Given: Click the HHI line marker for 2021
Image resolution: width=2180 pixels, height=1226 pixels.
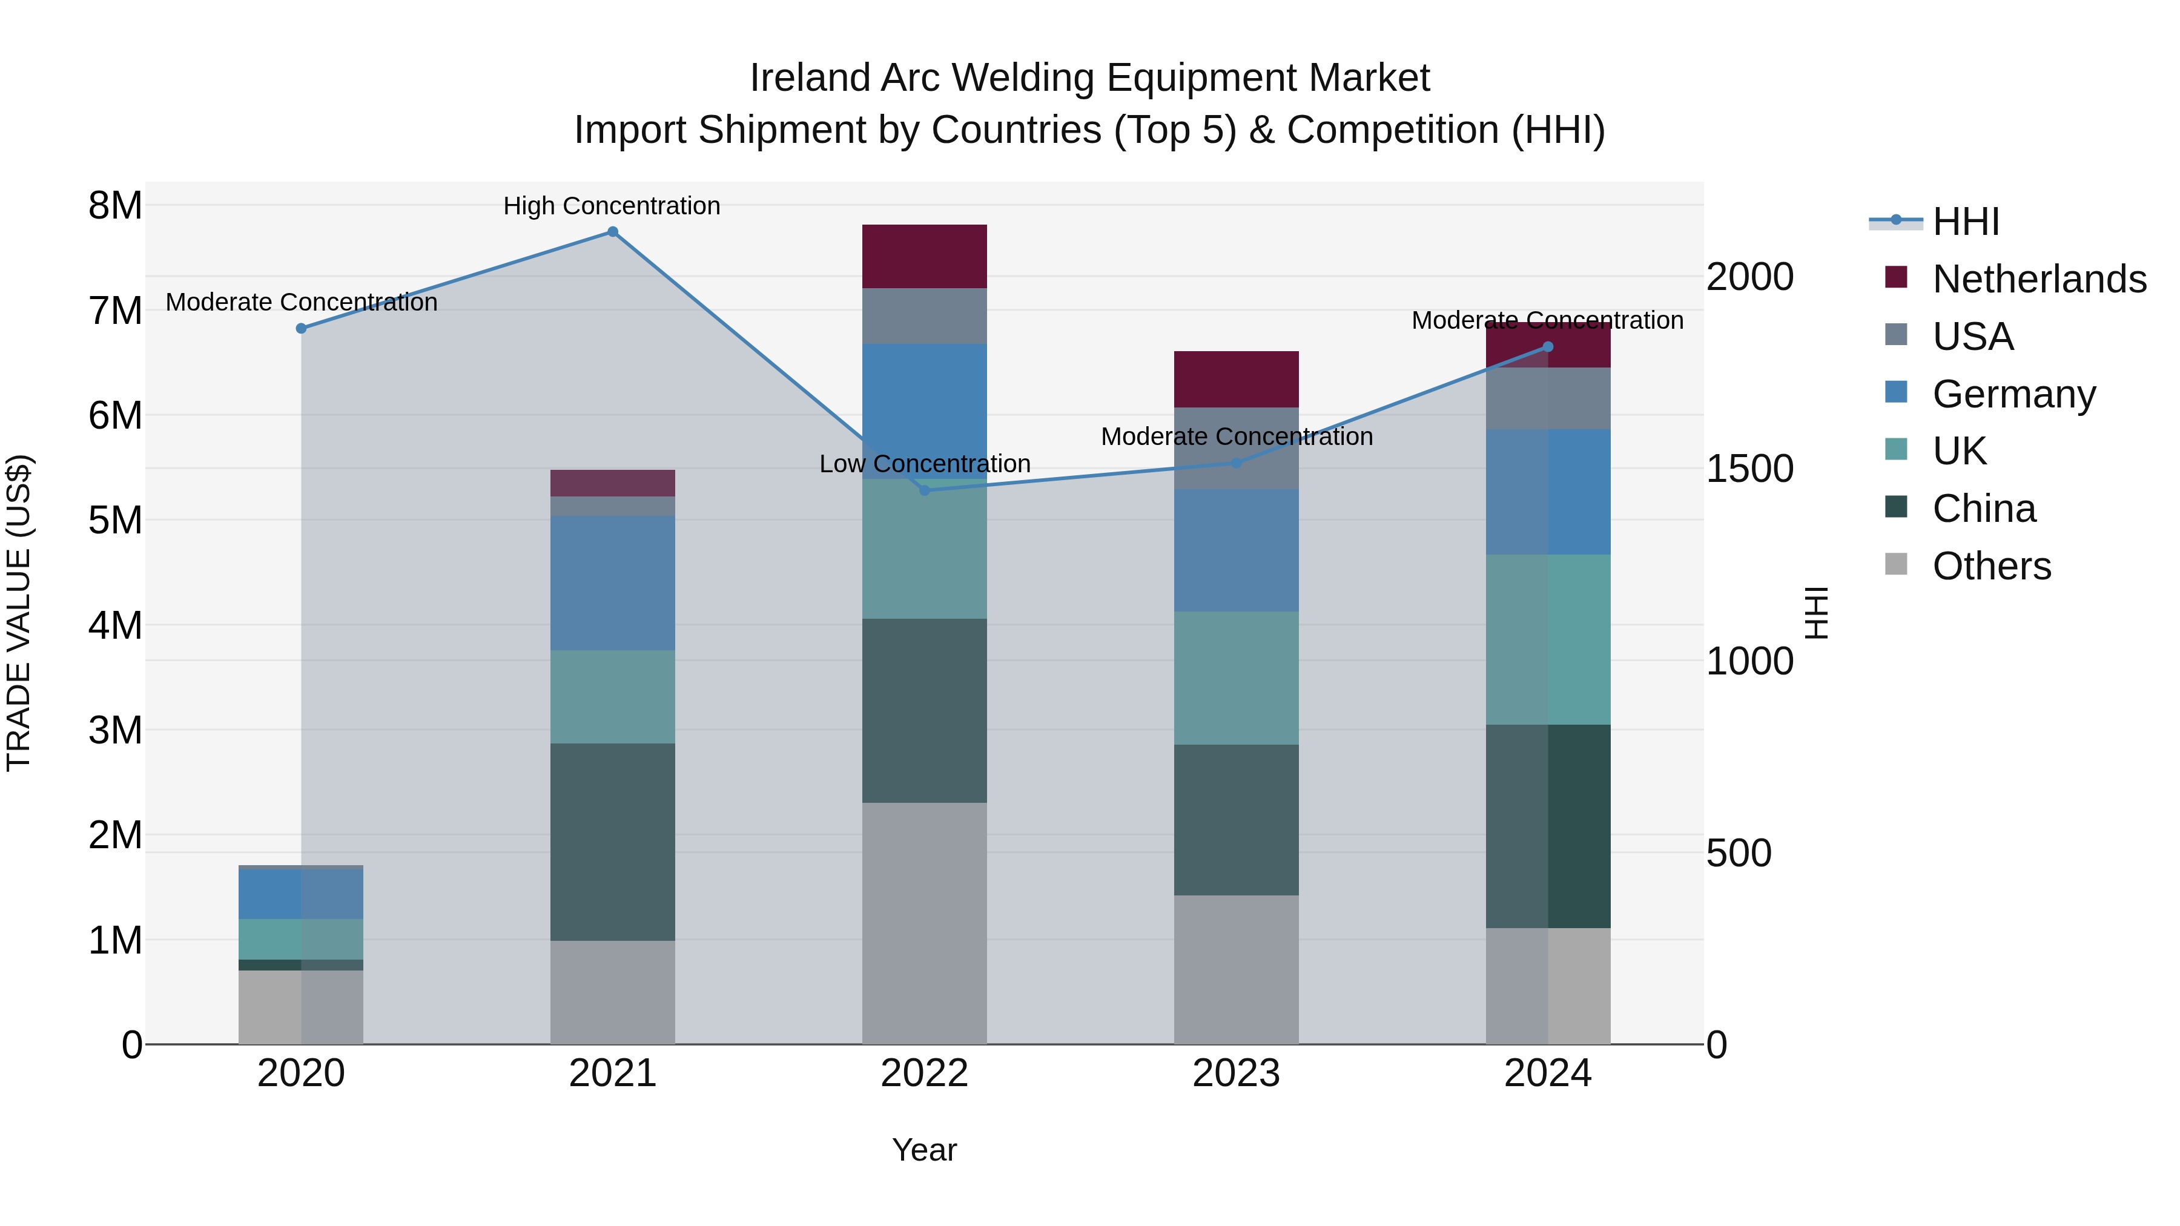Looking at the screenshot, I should [613, 232].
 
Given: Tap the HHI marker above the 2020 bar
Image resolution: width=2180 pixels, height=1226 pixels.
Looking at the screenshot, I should [302, 328].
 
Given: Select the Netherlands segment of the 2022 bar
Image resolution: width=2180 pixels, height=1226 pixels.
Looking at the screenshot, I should [924, 256].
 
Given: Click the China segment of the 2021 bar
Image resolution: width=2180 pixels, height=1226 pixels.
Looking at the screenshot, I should [613, 842].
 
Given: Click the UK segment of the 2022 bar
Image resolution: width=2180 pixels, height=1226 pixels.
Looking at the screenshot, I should [924, 550].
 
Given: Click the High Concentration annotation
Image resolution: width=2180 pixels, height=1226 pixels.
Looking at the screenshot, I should [611, 206].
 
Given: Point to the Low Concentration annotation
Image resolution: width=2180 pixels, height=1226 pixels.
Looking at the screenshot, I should [924, 464].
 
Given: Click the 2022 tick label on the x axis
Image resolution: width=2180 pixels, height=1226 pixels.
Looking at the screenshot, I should [924, 1073].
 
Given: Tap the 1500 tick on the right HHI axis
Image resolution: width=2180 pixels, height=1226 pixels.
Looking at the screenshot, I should [1748, 469].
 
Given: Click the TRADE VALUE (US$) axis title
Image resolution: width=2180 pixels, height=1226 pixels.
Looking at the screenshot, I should [19, 613].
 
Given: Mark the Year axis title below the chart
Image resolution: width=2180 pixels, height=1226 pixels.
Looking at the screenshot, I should [924, 1150].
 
